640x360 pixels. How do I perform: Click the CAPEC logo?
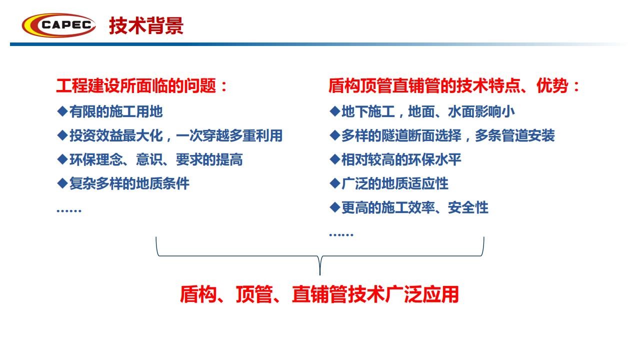59,25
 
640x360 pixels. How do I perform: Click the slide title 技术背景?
146,25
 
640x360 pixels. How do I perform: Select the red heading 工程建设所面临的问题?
136,85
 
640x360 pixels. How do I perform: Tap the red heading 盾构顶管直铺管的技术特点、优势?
448,85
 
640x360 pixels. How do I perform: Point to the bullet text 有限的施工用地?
116,111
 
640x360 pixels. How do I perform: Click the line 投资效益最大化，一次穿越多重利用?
176,135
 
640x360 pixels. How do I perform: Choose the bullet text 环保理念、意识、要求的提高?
156,159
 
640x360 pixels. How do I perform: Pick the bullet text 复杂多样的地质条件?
129,183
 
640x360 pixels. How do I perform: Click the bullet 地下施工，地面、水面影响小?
428,111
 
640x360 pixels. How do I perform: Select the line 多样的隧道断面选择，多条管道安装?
448,135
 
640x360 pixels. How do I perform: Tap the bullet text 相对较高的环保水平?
401,159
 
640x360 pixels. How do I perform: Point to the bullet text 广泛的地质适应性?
395,183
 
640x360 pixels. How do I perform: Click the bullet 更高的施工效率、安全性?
415,207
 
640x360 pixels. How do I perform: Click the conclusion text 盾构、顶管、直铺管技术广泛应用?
319,294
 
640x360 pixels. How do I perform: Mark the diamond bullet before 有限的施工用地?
62,111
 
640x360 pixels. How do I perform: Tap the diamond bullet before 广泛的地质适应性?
334,183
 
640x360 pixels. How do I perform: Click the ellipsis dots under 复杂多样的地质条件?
69,211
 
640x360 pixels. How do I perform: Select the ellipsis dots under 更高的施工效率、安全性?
341,235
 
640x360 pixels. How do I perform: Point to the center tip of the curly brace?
319,275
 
